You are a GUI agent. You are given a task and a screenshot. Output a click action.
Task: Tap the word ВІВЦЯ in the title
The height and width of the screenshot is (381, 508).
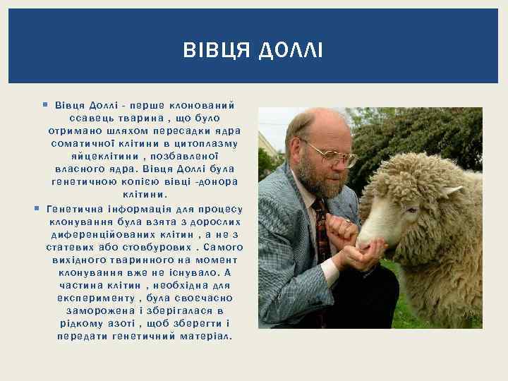pyautogui.click(x=217, y=51)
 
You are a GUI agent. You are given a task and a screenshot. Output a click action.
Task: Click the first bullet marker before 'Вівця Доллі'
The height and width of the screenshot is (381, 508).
pyautogui.click(x=44, y=104)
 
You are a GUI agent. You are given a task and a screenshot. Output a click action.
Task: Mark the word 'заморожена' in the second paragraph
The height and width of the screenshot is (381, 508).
pyautogui.click(x=98, y=310)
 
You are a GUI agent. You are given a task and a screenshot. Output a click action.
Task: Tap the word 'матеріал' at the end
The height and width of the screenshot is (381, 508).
pyautogui.click(x=206, y=336)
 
